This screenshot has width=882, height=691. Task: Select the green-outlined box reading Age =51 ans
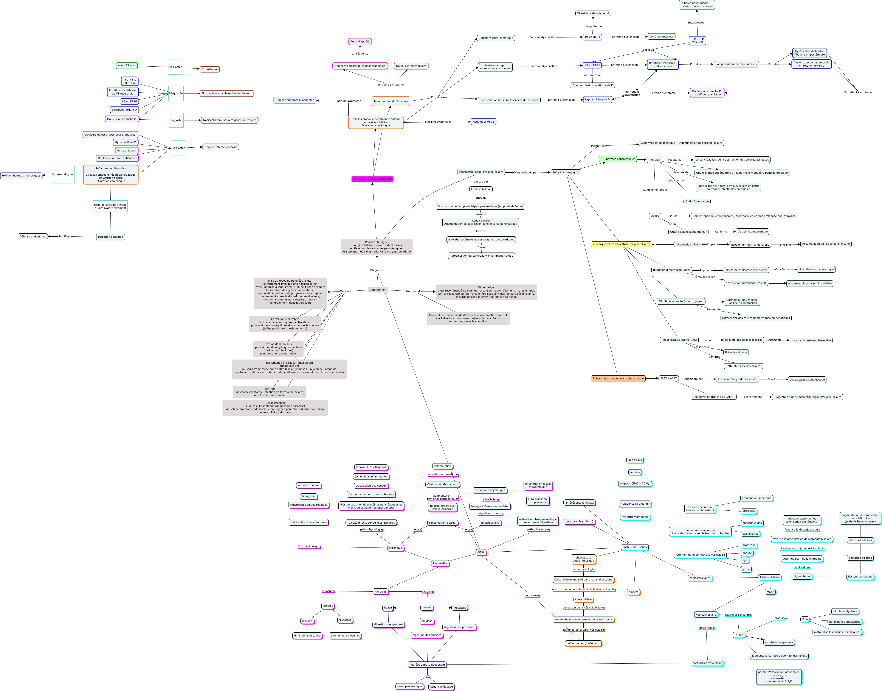(127, 66)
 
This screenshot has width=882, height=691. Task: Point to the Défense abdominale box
(33, 236)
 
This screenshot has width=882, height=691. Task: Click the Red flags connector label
(64, 236)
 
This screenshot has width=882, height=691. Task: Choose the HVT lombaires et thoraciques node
(22, 176)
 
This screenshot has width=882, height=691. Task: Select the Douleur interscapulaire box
(411, 66)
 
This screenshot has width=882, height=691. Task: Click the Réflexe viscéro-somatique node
(496, 38)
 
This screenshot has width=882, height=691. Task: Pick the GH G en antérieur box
(661, 36)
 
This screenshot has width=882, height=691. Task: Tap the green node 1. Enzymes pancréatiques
(618, 159)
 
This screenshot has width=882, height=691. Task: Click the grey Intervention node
(378, 290)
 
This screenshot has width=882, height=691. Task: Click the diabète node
(633, 592)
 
